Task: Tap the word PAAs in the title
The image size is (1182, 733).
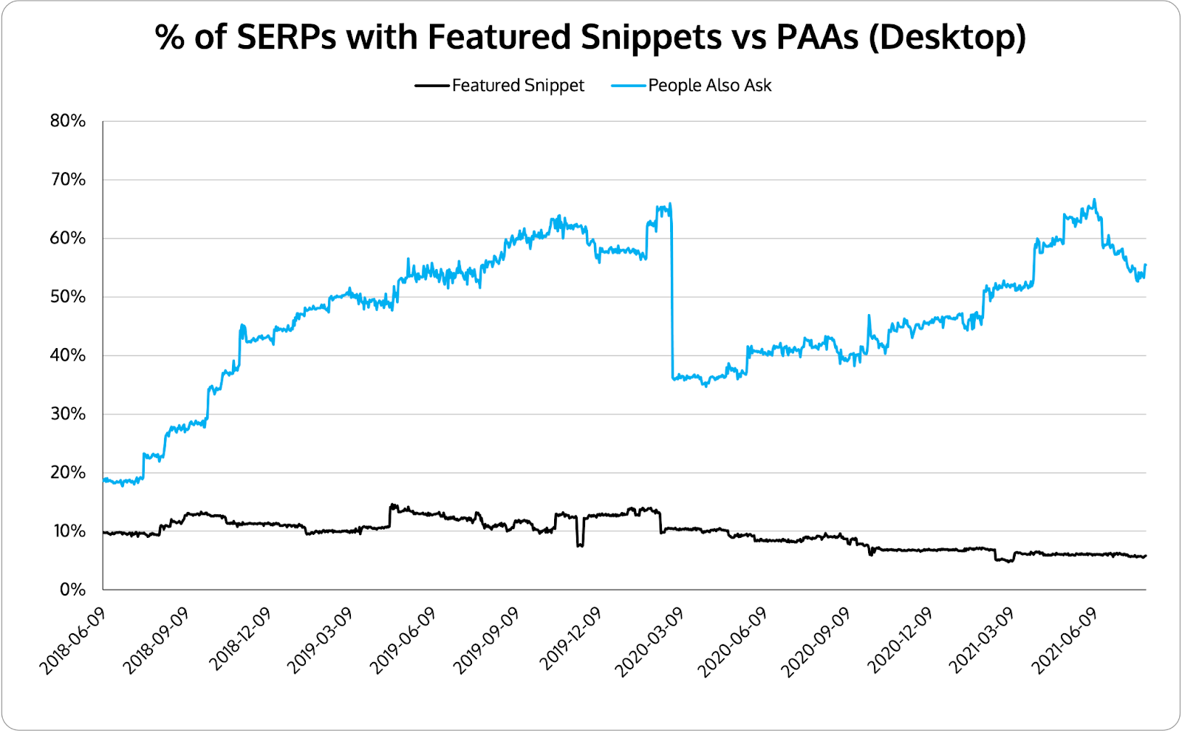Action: click(817, 37)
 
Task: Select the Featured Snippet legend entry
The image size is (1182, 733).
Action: click(518, 86)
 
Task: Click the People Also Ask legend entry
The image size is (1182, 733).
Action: click(709, 86)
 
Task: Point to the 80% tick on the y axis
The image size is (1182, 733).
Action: click(68, 121)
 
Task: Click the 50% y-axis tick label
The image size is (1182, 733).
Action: click(68, 297)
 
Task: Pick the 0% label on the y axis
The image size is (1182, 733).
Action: click(72, 590)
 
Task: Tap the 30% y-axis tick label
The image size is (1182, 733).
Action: click(68, 414)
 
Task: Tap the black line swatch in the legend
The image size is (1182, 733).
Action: click(432, 86)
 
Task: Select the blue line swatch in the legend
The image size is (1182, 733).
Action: click(629, 86)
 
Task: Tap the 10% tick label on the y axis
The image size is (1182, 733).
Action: click(68, 531)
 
